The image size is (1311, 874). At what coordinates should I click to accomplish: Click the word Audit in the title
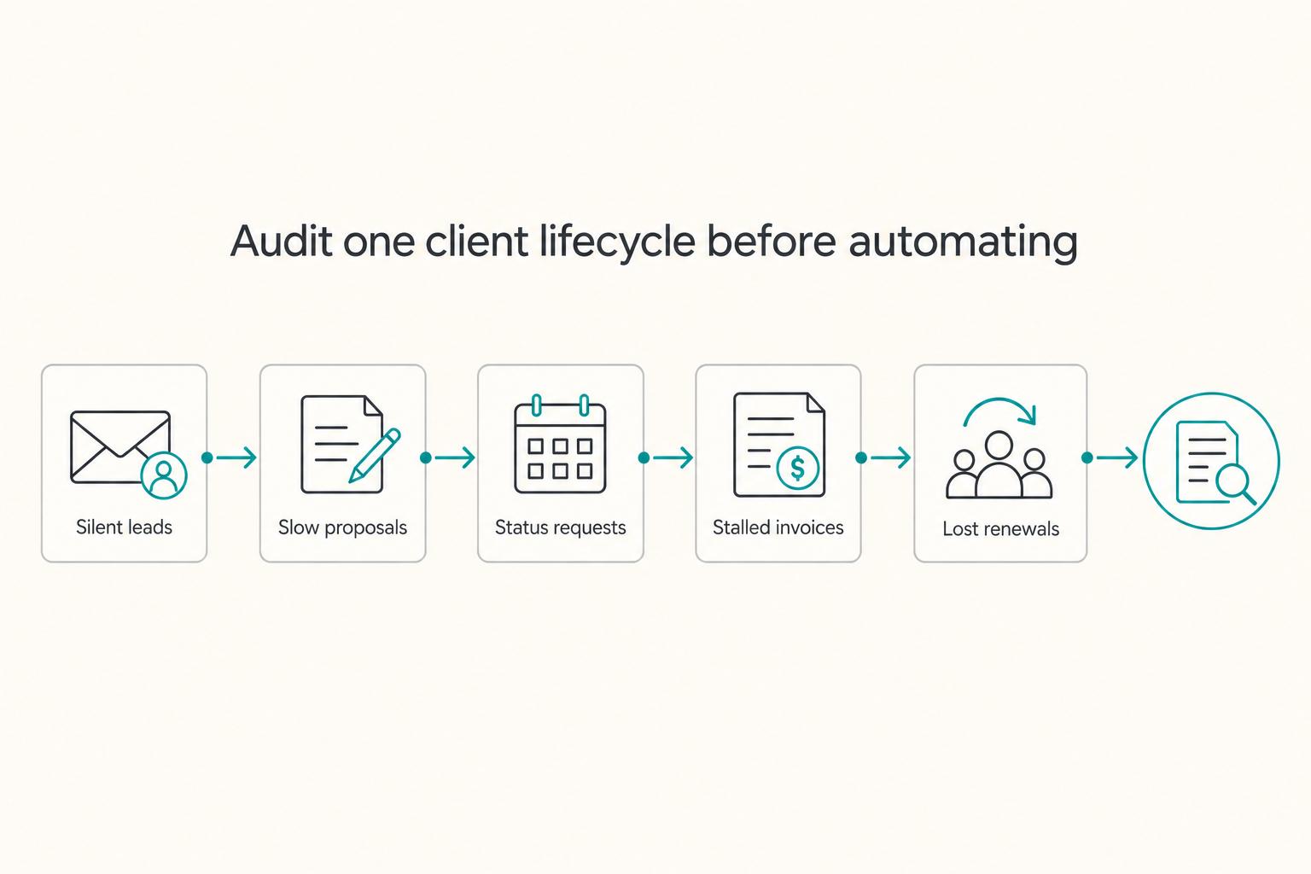pyautogui.click(x=282, y=242)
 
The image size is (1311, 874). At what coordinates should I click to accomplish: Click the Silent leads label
pyautogui.click(x=124, y=527)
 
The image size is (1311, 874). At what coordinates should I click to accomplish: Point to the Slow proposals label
pyautogui.click(x=342, y=528)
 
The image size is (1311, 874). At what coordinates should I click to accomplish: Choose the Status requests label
pyautogui.click(x=560, y=528)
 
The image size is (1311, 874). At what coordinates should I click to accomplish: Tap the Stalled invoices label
pyautogui.click(x=778, y=527)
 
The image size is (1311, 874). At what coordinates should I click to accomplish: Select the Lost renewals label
pyautogui.click(x=1001, y=528)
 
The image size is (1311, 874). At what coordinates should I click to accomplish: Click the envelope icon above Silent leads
pyautogui.click(x=120, y=447)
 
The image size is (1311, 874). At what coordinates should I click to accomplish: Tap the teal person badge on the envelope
pyautogui.click(x=164, y=476)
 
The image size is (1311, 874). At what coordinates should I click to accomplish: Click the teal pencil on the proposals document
pyautogui.click(x=375, y=456)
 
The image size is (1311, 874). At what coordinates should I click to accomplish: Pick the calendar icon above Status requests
pyautogui.click(x=560, y=444)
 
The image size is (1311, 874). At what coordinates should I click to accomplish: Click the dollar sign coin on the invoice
pyautogui.click(x=797, y=468)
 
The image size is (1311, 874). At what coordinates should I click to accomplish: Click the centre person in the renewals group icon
pyautogui.click(x=999, y=465)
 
